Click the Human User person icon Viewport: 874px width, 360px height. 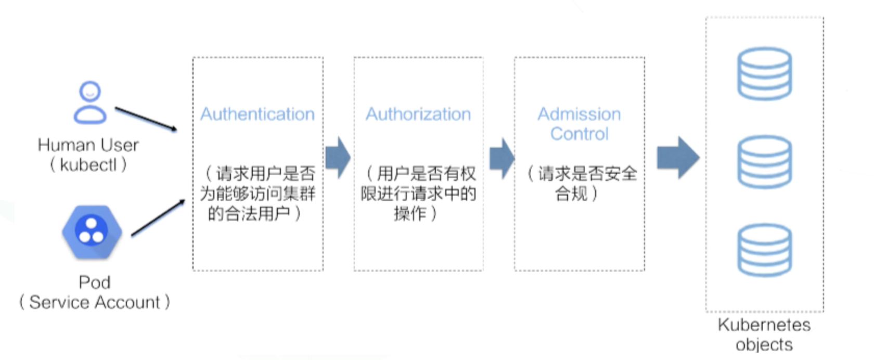pos(90,102)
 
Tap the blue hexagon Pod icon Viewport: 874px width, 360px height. pos(92,232)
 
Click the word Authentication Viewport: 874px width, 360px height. pos(258,114)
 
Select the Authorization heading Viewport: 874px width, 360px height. pos(418,114)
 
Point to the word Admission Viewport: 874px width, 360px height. pos(579,113)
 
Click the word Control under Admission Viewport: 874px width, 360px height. pos(579,134)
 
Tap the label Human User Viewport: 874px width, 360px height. pos(88,145)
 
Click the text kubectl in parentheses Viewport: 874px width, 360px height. pos(88,165)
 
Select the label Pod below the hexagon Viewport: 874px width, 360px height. pos(94,282)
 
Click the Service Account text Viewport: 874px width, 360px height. pos(95,302)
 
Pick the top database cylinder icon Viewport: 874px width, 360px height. pos(764,73)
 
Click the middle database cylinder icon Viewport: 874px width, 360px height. pos(764,161)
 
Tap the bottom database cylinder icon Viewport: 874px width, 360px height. pos(764,250)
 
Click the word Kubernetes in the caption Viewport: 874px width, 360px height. pos(764,325)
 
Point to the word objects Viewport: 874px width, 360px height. pos(764,344)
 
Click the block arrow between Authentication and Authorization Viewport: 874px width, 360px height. pos(338,157)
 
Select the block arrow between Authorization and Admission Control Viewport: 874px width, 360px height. pos(502,157)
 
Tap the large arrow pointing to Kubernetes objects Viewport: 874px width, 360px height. pos(677,157)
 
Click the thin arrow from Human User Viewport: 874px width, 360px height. pos(146,119)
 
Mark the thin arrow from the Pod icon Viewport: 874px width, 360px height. pos(158,218)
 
